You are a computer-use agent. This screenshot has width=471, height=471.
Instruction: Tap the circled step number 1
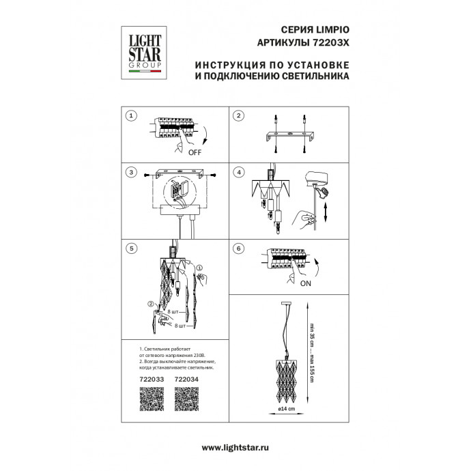click(132, 116)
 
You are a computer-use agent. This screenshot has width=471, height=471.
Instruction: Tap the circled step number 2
click(238, 116)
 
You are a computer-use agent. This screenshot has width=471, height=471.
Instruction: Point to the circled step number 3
click(132, 173)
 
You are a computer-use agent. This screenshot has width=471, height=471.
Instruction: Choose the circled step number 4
click(238, 173)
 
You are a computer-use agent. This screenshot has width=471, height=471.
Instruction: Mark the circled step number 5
click(132, 248)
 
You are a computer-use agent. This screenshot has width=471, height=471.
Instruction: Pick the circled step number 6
click(238, 248)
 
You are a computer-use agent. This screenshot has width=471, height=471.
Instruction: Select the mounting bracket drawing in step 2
click(285, 133)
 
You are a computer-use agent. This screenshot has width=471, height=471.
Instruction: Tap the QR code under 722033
click(152, 399)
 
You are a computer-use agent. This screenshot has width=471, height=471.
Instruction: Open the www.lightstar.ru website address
click(235, 446)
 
